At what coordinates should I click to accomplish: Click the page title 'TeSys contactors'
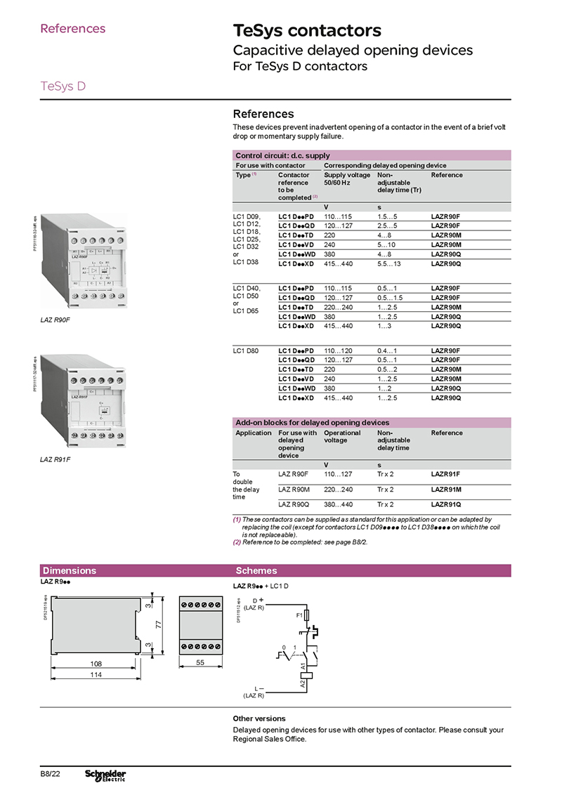point(307,31)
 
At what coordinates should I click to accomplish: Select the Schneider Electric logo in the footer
point(105,775)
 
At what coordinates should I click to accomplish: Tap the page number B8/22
point(50,774)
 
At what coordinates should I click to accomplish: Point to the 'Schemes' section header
point(256,571)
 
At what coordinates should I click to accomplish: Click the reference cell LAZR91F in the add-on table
point(446,475)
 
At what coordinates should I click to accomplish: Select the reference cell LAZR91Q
point(446,504)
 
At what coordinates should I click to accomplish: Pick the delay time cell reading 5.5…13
point(389,263)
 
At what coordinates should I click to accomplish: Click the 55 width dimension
point(200,663)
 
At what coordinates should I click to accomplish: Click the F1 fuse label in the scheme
point(299,615)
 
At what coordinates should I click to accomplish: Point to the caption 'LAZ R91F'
point(53,460)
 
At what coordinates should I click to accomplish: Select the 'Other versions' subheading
point(259,718)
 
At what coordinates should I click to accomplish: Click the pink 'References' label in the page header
point(73,29)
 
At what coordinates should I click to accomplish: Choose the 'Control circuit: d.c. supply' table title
point(282,155)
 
